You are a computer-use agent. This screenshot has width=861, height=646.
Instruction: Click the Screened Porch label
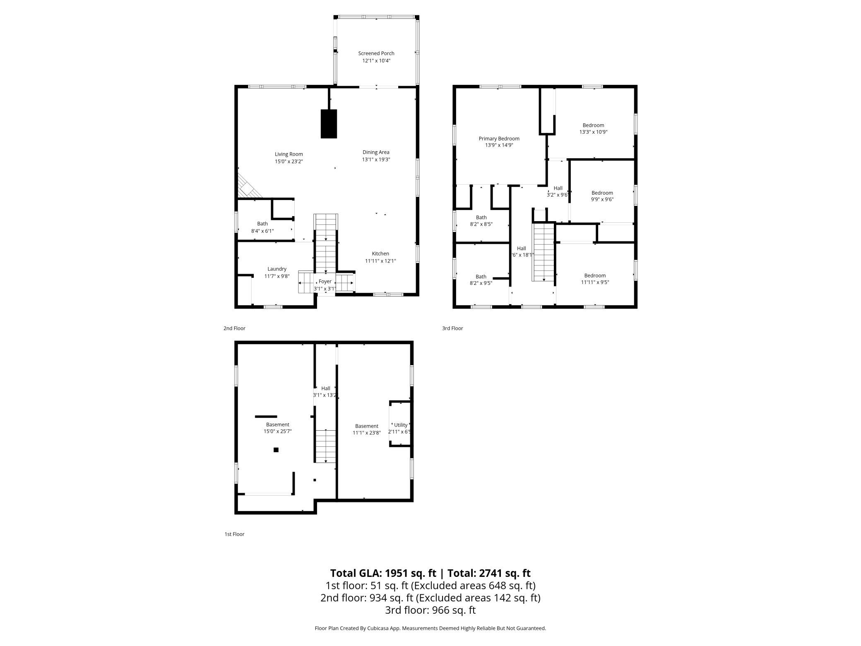pos(376,53)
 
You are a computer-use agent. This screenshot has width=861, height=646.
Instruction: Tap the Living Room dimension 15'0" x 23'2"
pos(289,161)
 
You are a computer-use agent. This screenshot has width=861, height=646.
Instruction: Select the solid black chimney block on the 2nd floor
pos(329,124)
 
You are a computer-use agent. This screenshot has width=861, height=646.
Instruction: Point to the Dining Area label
pos(376,152)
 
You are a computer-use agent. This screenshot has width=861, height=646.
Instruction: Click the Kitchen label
pos(380,254)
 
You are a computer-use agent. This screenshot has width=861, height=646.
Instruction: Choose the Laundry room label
pos(277,269)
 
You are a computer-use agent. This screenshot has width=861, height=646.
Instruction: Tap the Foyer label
pos(325,282)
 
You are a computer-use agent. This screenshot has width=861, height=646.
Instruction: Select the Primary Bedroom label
pos(499,139)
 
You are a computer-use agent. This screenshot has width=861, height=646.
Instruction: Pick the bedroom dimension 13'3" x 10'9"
pos(593,132)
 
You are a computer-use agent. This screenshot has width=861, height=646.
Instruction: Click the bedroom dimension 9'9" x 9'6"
pos(602,199)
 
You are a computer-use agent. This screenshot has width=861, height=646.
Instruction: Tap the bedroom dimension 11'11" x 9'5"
pos(595,282)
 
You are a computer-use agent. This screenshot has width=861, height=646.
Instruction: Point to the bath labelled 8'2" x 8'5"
pos(481,221)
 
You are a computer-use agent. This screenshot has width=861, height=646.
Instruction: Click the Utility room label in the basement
pos(400,425)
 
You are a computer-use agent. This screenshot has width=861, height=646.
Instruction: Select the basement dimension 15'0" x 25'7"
pos(277,431)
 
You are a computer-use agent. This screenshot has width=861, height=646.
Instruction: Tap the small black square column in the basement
pos(276,450)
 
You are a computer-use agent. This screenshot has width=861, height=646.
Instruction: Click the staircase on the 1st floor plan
pos(326,446)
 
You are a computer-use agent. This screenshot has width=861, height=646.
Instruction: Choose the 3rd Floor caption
pos(452,328)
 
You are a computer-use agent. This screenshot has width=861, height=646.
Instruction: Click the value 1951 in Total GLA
pos(397,573)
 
